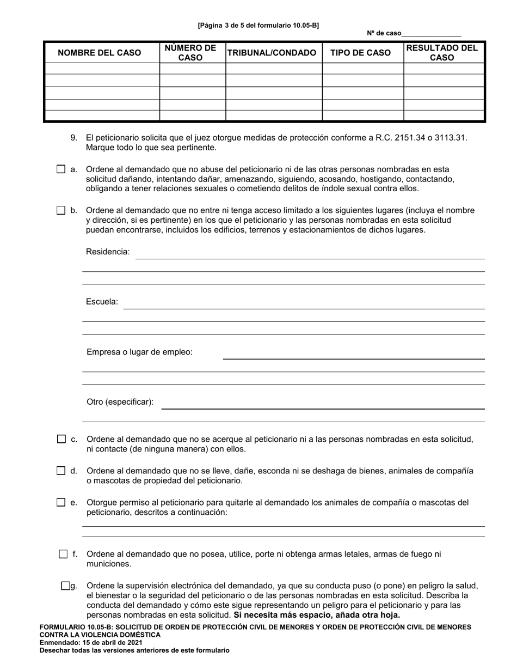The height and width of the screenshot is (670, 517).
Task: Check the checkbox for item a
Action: pos(61,169)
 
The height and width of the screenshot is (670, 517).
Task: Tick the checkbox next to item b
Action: pos(61,210)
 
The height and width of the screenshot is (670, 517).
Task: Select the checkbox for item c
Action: pos(61,439)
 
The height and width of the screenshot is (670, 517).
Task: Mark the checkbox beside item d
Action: pos(61,471)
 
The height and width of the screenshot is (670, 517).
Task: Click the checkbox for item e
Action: pos(61,502)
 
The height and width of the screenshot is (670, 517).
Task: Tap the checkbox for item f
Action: pos(63,554)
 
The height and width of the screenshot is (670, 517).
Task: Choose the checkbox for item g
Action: pos(65,586)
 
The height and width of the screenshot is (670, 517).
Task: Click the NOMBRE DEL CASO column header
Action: pos(100,53)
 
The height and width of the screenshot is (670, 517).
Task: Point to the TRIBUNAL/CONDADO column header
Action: pos(272,53)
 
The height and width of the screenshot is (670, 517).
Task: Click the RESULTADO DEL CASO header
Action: pos(442,53)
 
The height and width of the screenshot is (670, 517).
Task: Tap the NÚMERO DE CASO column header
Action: pos(190,53)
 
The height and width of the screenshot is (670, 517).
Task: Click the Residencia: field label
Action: pos(108,252)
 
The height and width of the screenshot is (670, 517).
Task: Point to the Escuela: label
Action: pos(102,301)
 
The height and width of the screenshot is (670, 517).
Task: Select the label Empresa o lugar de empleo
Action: pos(139,352)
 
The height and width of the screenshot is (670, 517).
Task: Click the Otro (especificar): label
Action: pos(120,402)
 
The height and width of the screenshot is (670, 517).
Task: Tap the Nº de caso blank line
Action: pos(431,34)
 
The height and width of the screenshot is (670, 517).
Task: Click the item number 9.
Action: pos(74,138)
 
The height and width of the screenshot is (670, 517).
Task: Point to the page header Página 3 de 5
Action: pos(258,25)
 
